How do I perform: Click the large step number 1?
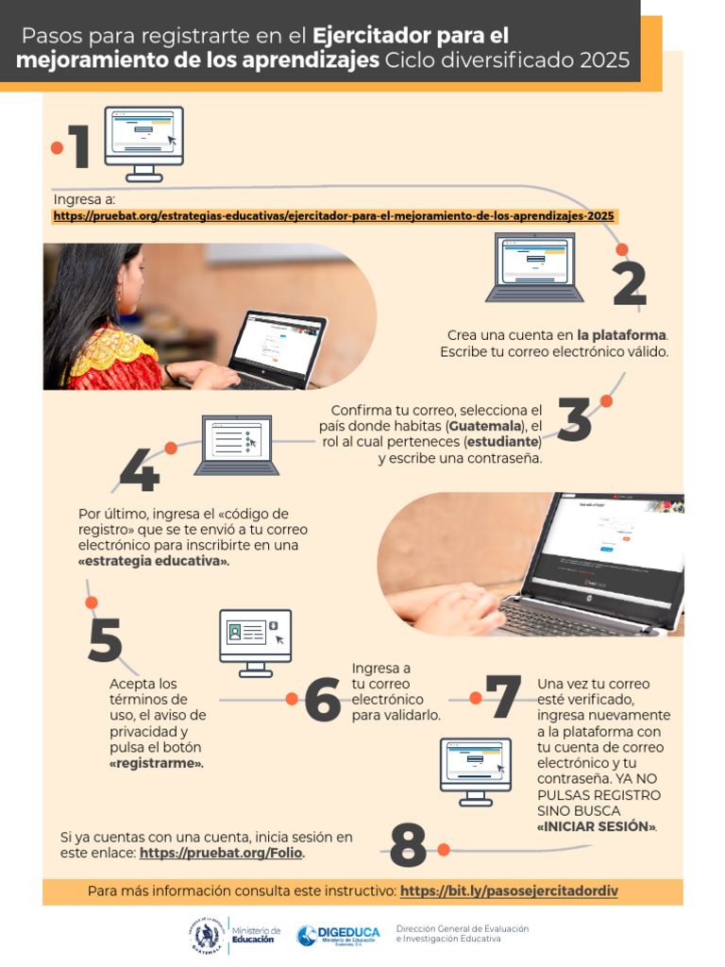click(80, 148)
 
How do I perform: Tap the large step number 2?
click(630, 284)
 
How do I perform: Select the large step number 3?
click(575, 422)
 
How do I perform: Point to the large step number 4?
click(139, 472)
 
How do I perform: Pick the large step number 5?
click(106, 639)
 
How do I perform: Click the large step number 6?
click(323, 701)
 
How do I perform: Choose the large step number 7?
click(502, 699)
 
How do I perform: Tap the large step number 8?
click(408, 846)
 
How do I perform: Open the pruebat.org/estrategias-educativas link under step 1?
click(334, 216)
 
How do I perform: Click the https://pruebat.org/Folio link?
click(222, 853)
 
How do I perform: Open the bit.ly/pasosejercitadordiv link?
click(509, 891)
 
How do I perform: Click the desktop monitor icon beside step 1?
click(143, 143)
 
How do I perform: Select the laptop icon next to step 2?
click(534, 267)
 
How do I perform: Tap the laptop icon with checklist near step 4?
click(237, 444)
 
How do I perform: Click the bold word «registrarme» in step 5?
click(157, 763)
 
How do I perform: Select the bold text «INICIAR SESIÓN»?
click(596, 826)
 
